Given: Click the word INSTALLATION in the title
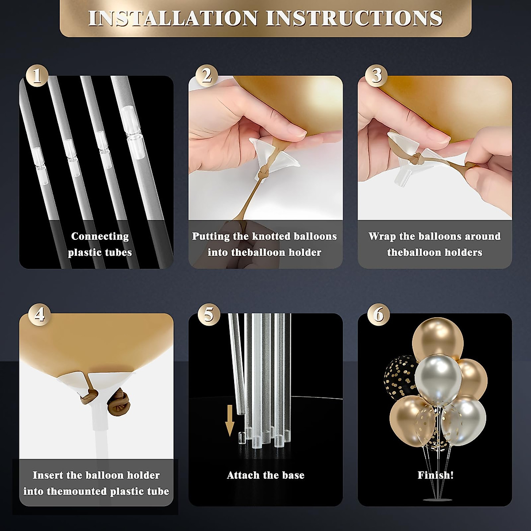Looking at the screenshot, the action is [173, 18].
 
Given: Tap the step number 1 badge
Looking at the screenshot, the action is [37, 75].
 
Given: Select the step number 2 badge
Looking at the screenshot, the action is [207, 75].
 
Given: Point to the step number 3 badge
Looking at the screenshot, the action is [376, 75].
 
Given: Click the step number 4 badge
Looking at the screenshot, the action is [40, 315].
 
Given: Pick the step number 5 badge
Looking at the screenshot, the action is [209, 315].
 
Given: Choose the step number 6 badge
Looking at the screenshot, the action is [378, 315].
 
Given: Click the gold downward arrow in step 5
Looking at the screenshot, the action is [230, 424].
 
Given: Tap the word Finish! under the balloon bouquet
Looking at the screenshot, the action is [435, 475].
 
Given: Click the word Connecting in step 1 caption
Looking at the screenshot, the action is [100, 236].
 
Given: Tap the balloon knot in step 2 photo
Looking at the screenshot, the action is [262, 173].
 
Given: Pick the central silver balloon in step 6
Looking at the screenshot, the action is [438, 379].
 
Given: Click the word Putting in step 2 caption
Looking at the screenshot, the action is [211, 236].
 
